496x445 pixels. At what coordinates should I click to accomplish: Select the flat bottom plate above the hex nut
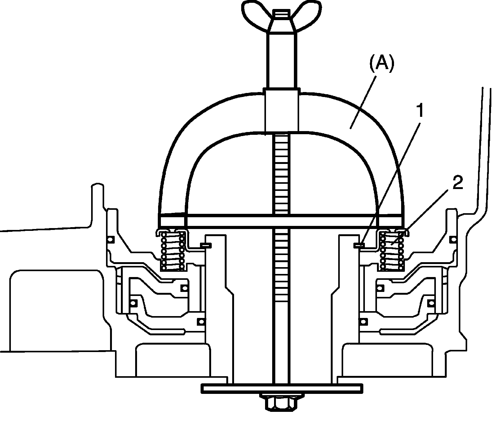pyautogui.click(x=281, y=388)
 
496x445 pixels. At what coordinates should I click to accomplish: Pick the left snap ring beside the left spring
pyautogui.click(x=206, y=245)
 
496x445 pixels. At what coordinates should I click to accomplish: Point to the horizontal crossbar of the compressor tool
pyautogui.click(x=281, y=221)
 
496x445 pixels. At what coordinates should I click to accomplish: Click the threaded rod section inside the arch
pyautogui.click(x=281, y=174)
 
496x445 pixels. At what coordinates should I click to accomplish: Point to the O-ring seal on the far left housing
pyautogui.click(x=110, y=240)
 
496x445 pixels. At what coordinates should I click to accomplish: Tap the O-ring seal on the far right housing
pyautogui.click(x=453, y=240)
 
